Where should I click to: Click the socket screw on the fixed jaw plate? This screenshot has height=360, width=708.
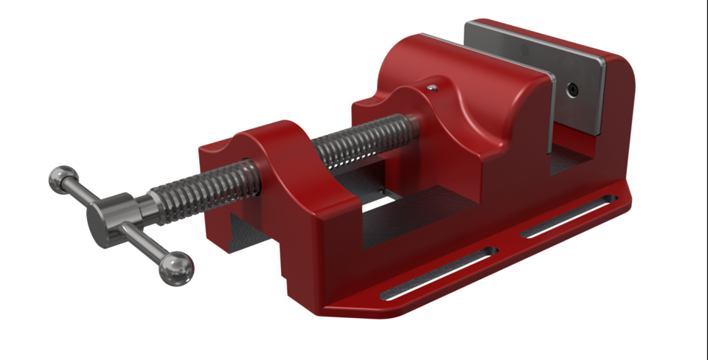click(x=572, y=89)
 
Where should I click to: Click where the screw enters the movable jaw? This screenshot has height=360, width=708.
click(x=413, y=122)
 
